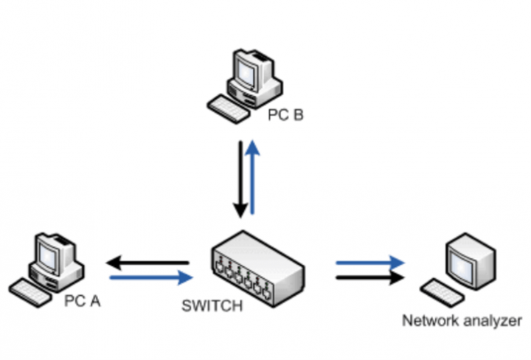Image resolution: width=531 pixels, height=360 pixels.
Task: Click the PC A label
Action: (82, 301)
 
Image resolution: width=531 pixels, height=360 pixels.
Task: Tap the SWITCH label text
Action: (212, 305)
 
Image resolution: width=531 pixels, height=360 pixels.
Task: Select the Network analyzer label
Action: (462, 321)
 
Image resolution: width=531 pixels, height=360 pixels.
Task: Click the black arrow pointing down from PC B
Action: (240, 177)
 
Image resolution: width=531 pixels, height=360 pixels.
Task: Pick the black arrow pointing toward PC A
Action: (147, 262)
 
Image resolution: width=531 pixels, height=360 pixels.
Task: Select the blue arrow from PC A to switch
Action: (151, 278)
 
